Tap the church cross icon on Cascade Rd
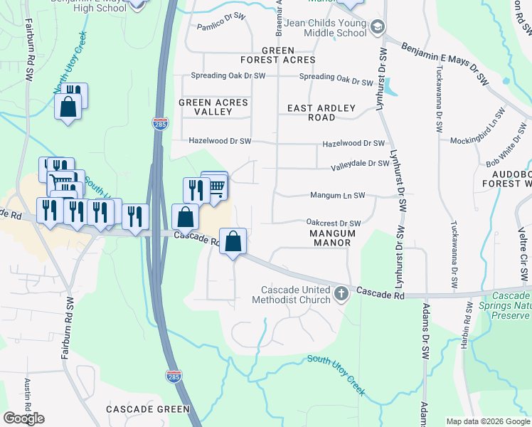pyautogui.click(x=341, y=292)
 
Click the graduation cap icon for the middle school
pyautogui.click(x=378, y=28)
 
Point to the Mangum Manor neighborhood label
pyautogui.click(x=330, y=238)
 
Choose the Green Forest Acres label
pyautogui.click(x=288, y=55)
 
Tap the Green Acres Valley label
pyautogui.click(x=213, y=107)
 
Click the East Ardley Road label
pyautogui.click(x=321, y=112)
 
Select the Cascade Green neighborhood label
pyautogui.click(x=148, y=409)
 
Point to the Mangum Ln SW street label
pyautogui.click(x=337, y=195)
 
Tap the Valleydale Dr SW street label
pyautogui.click(x=360, y=164)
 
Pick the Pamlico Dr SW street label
pyautogui.click(x=220, y=26)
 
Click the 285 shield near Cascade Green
pyautogui.click(x=173, y=374)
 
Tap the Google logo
pyautogui.click(x=24, y=418)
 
